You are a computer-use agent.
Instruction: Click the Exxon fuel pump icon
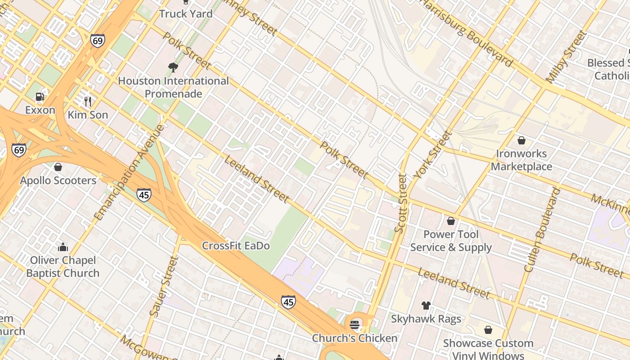click(x=40, y=97)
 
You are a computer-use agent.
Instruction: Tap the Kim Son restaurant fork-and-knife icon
click(x=88, y=101)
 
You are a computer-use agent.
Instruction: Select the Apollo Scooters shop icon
click(x=58, y=167)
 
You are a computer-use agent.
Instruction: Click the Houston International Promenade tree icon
click(x=173, y=67)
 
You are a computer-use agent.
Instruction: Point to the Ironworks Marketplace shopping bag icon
click(x=522, y=140)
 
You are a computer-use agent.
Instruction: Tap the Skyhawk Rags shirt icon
click(x=426, y=306)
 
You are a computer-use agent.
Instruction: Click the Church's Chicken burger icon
click(x=355, y=324)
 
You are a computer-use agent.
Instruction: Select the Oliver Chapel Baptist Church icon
click(x=63, y=247)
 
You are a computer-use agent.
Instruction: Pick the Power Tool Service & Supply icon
click(x=451, y=221)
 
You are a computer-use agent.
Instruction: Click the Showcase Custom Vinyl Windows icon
click(x=488, y=330)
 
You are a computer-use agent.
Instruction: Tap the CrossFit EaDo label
click(x=236, y=246)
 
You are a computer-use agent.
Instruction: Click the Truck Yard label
click(x=185, y=13)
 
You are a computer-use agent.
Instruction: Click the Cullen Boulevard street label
click(x=543, y=230)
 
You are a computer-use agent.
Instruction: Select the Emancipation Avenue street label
click(x=130, y=172)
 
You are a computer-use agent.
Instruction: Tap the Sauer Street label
click(x=164, y=286)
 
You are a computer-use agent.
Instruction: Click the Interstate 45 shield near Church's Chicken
click(x=288, y=302)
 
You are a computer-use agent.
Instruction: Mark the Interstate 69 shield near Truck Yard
click(x=97, y=40)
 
